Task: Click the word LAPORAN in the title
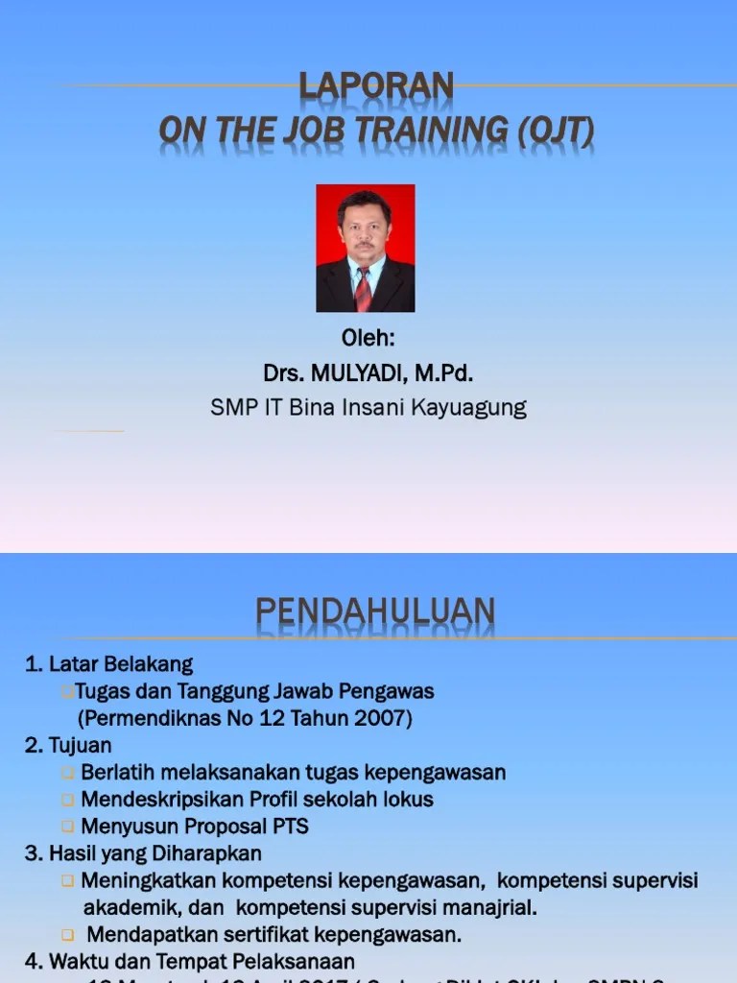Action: pos(376,86)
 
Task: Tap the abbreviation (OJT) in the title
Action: pos(556,131)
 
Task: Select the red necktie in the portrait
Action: pos(364,289)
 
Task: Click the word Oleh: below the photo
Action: pos(368,340)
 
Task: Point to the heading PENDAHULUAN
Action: pos(375,611)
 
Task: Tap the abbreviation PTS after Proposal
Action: pos(289,827)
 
